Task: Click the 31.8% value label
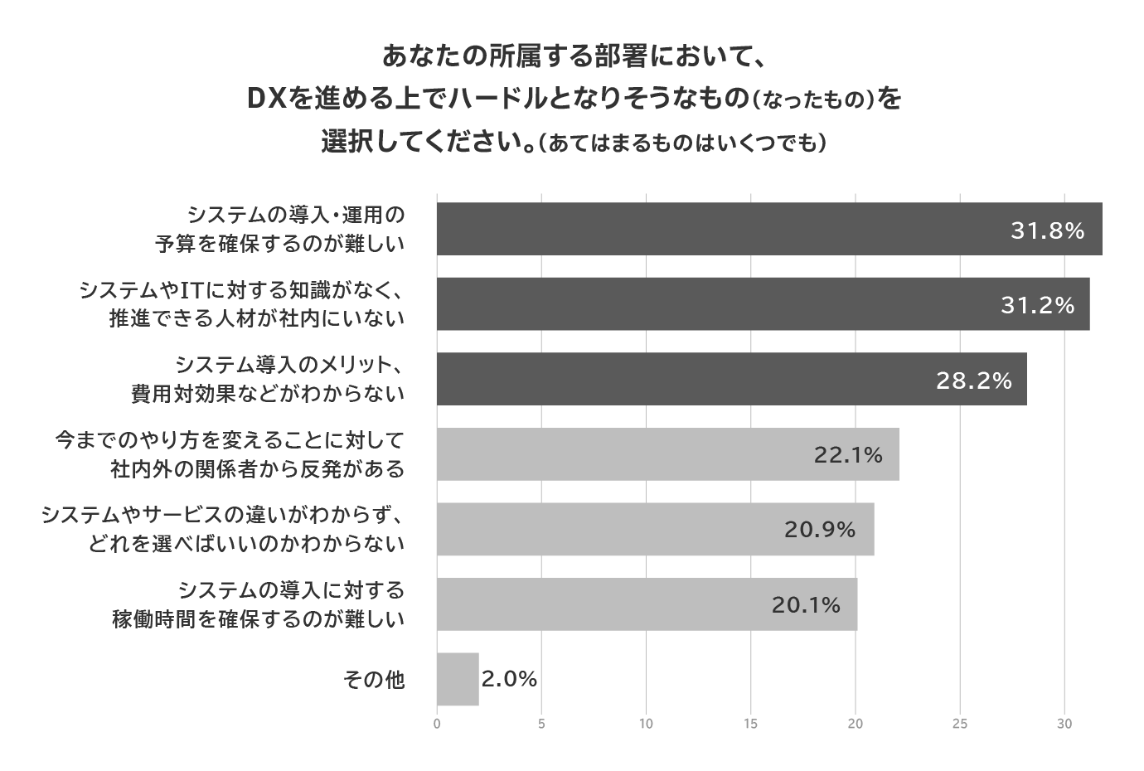click(x=1047, y=230)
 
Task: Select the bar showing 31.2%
click(x=763, y=304)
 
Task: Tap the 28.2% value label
click(x=974, y=381)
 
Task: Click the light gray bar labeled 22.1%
click(x=667, y=454)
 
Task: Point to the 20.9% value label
click(x=820, y=529)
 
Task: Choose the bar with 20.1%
click(x=647, y=604)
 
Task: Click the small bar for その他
click(x=458, y=679)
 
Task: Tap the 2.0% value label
click(x=510, y=679)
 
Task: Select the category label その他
click(x=374, y=680)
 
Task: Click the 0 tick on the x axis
click(x=437, y=724)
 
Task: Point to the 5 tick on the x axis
click(x=541, y=724)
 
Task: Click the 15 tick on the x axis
click(x=751, y=724)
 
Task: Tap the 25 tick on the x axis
click(x=960, y=724)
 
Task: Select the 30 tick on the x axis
click(x=1064, y=724)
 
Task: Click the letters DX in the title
click(x=267, y=99)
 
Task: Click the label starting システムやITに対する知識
click(x=241, y=290)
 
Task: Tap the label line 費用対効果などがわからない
click(x=268, y=394)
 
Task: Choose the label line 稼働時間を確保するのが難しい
click(x=259, y=618)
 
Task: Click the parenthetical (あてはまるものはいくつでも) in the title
click(x=681, y=143)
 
